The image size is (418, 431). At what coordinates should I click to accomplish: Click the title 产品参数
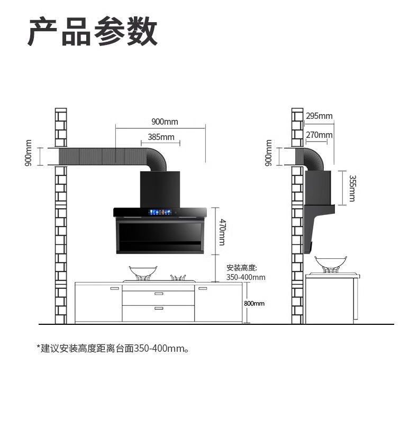click(93, 32)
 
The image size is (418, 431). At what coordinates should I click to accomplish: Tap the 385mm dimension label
click(161, 137)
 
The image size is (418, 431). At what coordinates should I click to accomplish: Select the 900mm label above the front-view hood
click(165, 121)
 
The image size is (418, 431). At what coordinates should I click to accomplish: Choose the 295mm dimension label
click(319, 116)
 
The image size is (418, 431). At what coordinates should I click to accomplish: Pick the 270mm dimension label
click(319, 135)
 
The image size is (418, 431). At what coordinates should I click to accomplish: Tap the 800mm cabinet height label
click(254, 303)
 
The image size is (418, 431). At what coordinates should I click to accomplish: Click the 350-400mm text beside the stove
click(246, 277)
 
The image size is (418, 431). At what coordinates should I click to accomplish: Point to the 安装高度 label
click(242, 268)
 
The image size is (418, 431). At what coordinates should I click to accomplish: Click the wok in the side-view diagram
click(330, 263)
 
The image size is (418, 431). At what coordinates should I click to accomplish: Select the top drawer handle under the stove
click(158, 293)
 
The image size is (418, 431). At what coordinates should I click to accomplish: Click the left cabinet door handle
click(114, 288)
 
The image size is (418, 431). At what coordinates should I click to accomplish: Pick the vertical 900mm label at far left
click(29, 153)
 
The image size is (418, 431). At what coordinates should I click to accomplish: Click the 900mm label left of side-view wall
click(268, 153)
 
